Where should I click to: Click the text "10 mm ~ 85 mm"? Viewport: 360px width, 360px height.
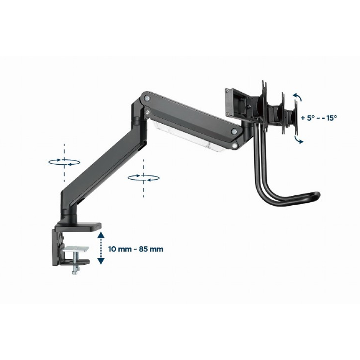point(136,249)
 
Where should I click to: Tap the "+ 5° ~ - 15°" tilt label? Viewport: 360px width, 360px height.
point(319,118)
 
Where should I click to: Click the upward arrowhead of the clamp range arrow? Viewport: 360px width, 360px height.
point(101,235)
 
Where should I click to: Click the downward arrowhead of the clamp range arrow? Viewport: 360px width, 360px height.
point(101,261)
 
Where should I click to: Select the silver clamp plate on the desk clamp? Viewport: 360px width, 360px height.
point(76,249)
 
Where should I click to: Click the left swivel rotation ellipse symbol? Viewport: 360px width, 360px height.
point(64,162)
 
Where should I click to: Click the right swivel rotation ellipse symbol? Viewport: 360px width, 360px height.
point(144,178)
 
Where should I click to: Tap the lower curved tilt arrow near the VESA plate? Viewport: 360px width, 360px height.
point(299,140)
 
